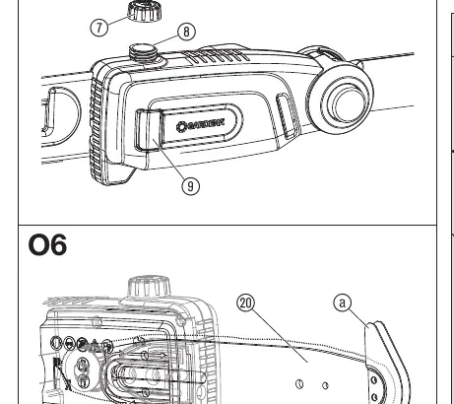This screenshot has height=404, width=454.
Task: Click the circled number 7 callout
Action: click(x=99, y=27)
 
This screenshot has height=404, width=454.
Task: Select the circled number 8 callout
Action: click(x=186, y=32)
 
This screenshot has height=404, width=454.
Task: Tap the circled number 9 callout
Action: click(x=190, y=186)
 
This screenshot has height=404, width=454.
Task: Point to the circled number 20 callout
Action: click(x=246, y=303)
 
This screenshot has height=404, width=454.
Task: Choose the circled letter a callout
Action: click(x=343, y=303)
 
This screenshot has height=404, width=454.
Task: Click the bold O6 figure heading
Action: click(x=48, y=244)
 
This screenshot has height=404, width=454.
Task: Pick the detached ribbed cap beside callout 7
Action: click(x=145, y=11)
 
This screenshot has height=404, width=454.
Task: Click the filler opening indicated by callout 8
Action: click(x=143, y=52)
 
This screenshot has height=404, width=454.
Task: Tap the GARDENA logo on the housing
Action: click(x=200, y=126)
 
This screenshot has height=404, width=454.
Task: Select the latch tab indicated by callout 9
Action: click(x=149, y=130)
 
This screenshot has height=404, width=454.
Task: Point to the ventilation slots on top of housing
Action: click(x=216, y=56)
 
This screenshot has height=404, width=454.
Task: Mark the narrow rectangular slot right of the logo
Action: click(x=288, y=116)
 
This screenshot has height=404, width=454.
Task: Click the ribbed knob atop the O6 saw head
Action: click(x=149, y=287)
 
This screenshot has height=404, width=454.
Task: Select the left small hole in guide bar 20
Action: click(x=299, y=383)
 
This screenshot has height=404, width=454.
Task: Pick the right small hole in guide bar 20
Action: click(x=325, y=385)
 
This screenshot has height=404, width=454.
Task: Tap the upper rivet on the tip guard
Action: click(x=373, y=380)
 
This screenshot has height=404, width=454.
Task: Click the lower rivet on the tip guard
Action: click(x=374, y=396)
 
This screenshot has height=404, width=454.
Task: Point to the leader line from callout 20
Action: click(x=280, y=336)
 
